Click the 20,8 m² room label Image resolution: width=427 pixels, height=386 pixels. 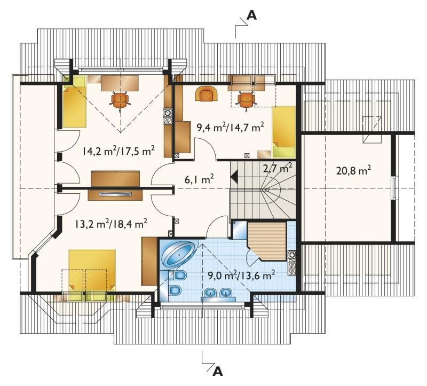click(353, 170)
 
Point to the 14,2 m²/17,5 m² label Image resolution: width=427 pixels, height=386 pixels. click(119, 150)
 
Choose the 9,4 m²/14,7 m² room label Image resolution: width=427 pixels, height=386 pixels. click(231, 127)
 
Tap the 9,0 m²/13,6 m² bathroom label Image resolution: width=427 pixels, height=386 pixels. click(241, 275)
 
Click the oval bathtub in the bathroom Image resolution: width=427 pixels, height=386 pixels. click(179, 254)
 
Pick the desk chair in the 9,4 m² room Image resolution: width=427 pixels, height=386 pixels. click(247, 100)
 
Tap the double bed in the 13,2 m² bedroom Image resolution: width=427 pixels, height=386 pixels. click(92, 274)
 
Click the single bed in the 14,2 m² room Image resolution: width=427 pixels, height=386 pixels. click(75, 102)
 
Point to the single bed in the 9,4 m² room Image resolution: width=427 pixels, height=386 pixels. click(284, 132)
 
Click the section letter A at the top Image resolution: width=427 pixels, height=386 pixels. click(251, 16)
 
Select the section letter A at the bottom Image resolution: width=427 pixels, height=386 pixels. click(218, 371)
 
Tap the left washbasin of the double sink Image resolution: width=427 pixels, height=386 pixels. click(209, 293)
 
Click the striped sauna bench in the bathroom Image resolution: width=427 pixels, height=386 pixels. click(267, 241)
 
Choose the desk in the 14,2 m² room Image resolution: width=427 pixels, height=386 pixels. click(120, 83)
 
